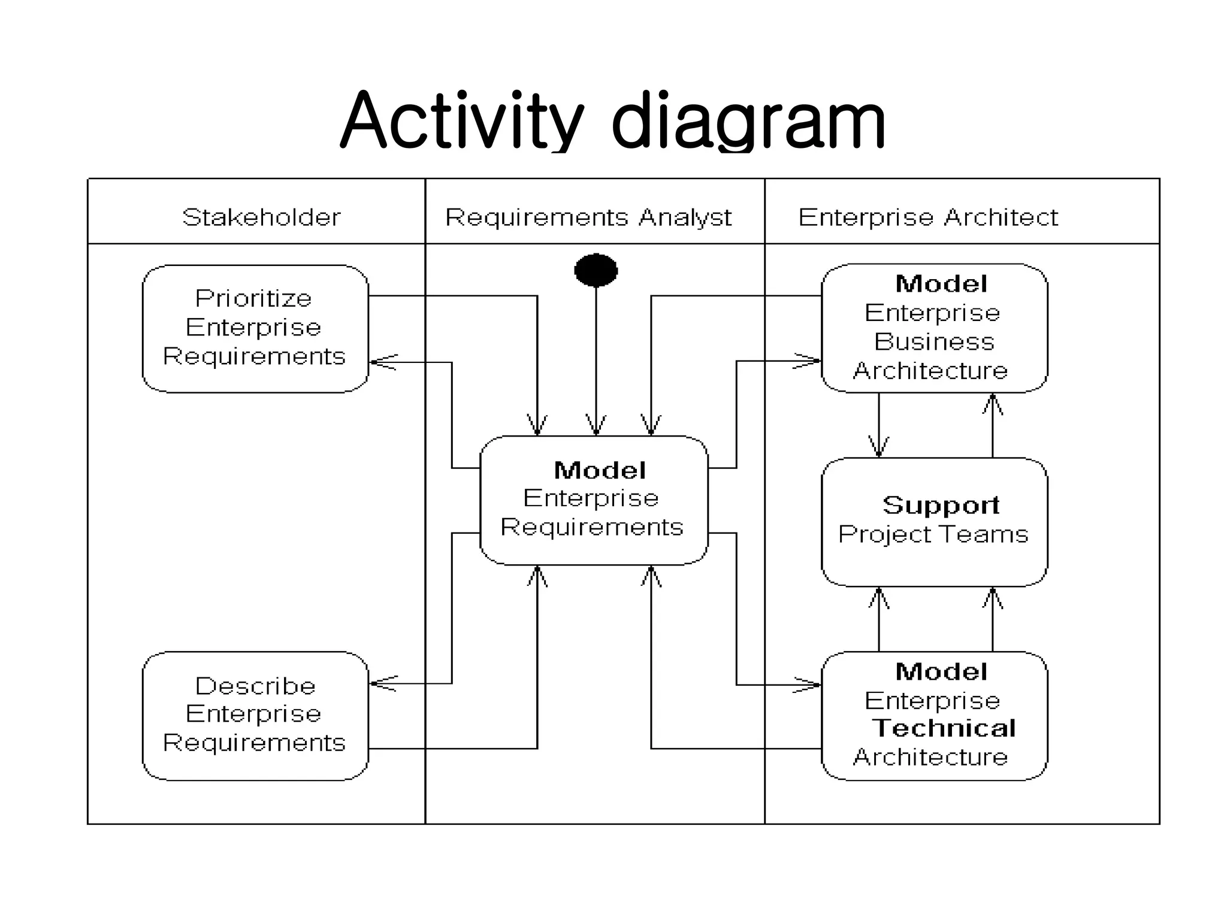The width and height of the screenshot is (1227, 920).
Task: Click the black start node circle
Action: (x=596, y=270)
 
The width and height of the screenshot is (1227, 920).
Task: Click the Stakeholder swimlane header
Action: (x=261, y=217)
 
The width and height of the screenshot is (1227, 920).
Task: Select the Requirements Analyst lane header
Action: (x=588, y=217)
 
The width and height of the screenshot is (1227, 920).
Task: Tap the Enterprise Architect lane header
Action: (x=928, y=217)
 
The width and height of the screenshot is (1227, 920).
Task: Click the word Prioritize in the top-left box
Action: (x=253, y=298)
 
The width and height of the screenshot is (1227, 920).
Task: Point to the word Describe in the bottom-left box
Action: (x=255, y=686)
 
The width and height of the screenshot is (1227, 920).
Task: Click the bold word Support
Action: (x=941, y=505)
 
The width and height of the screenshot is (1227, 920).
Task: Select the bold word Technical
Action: (x=943, y=728)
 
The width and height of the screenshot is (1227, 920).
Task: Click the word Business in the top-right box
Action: (x=934, y=341)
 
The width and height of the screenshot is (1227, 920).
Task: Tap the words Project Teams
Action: (x=933, y=534)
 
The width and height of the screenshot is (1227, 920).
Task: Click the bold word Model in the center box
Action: (x=600, y=470)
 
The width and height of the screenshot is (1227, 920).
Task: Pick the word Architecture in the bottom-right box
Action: (x=930, y=757)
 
